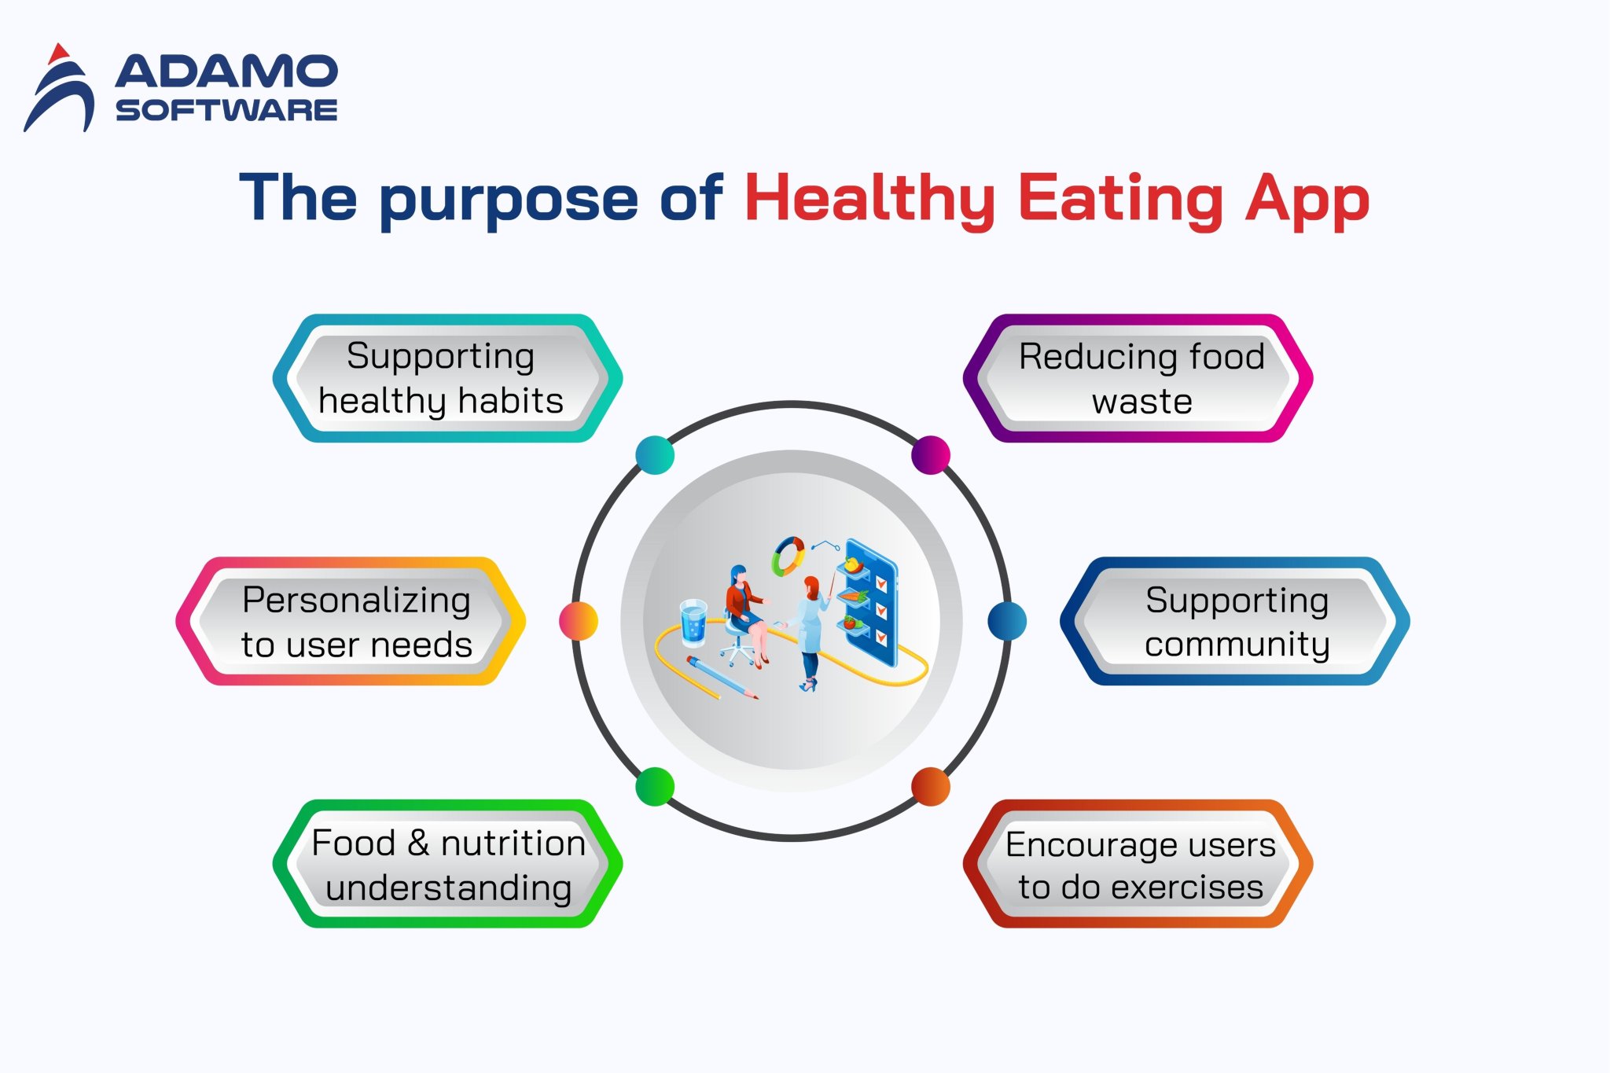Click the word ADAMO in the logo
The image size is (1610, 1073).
pyautogui.click(x=226, y=72)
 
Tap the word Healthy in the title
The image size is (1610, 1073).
pyautogui.click(x=869, y=198)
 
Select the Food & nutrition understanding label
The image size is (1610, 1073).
pyautogui.click(x=447, y=864)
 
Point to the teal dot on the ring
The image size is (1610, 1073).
pyautogui.click(x=655, y=455)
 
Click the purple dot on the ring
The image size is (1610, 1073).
pyautogui.click(x=931, y=455)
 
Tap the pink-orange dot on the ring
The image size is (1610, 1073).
pyautogui.click(x=579, y=621)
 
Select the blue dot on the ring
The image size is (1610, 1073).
pyautogui.click(x=1007, y=621)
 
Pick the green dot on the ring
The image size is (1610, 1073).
pyautogui.click(x=655, y=786)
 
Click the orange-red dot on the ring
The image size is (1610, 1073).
pyautogui.click(x=931, y=787)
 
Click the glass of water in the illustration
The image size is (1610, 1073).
pyautogui.click(x=693, y=623)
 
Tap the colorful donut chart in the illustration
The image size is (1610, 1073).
pyautogui.click(x=788, y=556)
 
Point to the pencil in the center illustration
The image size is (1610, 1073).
pyautogui.click(x=721, y=678)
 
